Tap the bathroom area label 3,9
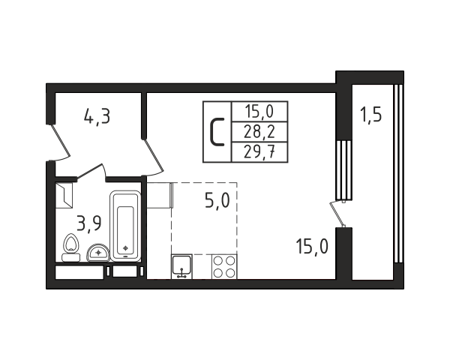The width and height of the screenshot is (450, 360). coord(89,223)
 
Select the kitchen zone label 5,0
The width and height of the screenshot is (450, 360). coord(217,200)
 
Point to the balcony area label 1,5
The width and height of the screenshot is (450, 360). coord(371,115)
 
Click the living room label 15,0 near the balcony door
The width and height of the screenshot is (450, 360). coord(312,246)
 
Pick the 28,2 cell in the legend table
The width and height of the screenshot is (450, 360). coord(259,132)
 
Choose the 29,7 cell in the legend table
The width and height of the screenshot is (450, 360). coord(259,151)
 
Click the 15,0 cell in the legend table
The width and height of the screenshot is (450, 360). coord(259,112)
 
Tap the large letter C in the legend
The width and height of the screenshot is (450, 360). coord(217,132)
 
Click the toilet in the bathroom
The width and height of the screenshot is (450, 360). coord(71,247)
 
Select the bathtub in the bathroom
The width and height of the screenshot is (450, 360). coord(125,226)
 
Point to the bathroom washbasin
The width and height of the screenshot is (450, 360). coord(98,253)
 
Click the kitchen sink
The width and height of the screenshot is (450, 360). coord(181,266)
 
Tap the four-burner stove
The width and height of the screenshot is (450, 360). coord(224,266)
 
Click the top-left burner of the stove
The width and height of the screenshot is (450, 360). coord(219,260)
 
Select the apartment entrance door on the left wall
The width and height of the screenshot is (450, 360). coord(60,142)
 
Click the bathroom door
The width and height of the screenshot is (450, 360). coord(91,172)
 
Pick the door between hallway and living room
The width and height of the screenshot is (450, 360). coord(153,157)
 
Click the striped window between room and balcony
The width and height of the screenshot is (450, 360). coord(343,170)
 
